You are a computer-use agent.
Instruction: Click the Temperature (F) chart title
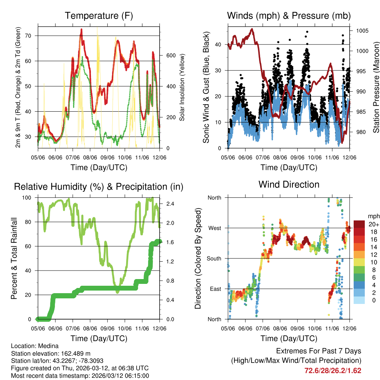99,16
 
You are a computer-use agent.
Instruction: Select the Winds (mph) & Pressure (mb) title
289,16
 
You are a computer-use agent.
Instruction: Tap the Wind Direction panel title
289,184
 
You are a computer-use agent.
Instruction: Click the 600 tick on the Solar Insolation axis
170,55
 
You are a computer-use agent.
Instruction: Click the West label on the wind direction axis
215,228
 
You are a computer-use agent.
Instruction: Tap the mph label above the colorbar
373,216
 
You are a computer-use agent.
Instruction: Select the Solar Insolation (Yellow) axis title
182,87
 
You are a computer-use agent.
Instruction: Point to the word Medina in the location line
47,346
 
